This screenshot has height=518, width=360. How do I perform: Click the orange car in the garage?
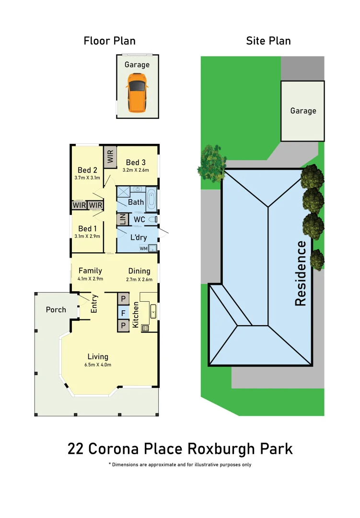(x=137, y=92)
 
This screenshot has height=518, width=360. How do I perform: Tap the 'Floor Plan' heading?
(x=110, y=41)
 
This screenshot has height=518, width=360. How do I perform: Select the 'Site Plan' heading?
(x=268, y=41)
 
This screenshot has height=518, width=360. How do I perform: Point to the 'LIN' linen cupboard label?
(x=122, y=220)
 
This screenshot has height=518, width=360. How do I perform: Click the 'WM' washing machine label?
(x=143, y=248)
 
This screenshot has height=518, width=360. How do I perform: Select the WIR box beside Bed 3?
(x=110, y=157)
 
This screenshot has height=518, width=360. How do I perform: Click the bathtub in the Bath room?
(x=151, y=201)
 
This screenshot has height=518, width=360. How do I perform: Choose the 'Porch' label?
(x=56, y=309)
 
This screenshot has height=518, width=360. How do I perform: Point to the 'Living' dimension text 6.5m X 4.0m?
(x=98, y=365)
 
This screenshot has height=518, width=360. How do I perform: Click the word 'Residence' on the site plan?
(x=301, y=273)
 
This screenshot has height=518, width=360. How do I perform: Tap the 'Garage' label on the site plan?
(x=303, y=111)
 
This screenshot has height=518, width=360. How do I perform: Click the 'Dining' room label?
(x=139, y=271)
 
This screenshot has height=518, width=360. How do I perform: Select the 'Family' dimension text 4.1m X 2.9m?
(x=90, y=279)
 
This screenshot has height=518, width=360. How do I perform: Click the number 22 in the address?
(x=75, y=449)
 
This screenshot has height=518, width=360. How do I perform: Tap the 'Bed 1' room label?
(x=88, y=228)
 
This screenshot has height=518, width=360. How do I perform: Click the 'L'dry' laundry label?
(x=139, y=237)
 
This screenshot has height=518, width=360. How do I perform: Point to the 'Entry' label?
(x=94, y=304)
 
